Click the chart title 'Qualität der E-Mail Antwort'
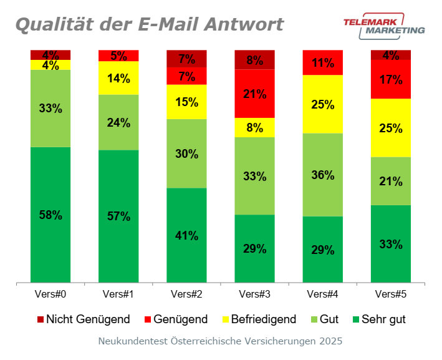[x=149, y=24]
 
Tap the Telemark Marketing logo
[x=384, y=26]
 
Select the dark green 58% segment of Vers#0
[x=50, y=215]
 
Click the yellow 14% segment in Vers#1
[x=118, y=78]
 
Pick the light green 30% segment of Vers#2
[x=186, y=153]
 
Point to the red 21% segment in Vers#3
[x=254, y=94]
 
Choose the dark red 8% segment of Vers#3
[x=254, y=60]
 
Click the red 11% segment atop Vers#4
[x=322, y=62]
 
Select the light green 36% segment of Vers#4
[x=322, y=175]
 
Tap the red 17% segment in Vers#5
[x=391, y=79]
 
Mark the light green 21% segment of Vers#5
[x=391, y=181]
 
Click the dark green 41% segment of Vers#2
[x=186, y=235]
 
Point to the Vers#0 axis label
[x=50, y=294]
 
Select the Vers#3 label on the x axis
[x=254, y=294]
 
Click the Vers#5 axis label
[x=391, y=294]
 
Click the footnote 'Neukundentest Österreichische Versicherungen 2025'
[x=220, y=341]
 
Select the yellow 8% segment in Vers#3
[x=254, y=127]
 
